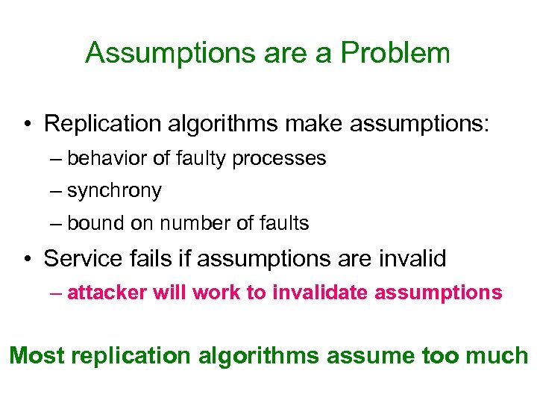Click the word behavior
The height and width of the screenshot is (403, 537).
101,158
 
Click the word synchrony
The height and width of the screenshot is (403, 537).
114,191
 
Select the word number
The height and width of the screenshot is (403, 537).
187,222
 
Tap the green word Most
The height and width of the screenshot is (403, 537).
37,355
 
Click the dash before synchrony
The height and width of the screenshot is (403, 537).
57,191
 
